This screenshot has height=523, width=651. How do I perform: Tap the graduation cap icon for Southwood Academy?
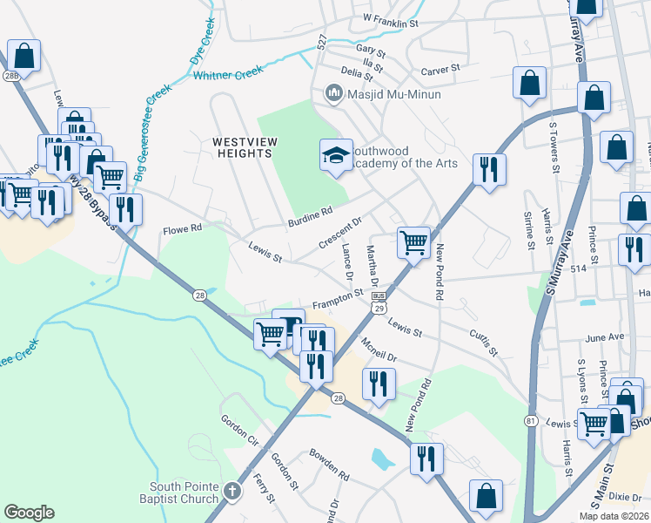point(336,156)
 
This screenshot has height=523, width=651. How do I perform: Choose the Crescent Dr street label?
point(339,233)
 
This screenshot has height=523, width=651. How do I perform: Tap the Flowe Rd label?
point(182,231)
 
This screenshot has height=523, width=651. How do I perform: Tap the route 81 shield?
point(530,420)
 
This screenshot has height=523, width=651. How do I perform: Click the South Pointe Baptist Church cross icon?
point(232,491)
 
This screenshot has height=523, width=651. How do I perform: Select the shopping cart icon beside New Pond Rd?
point(413,241)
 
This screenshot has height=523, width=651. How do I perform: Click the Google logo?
point(29,513)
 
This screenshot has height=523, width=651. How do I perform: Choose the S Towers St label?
point(553,143)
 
